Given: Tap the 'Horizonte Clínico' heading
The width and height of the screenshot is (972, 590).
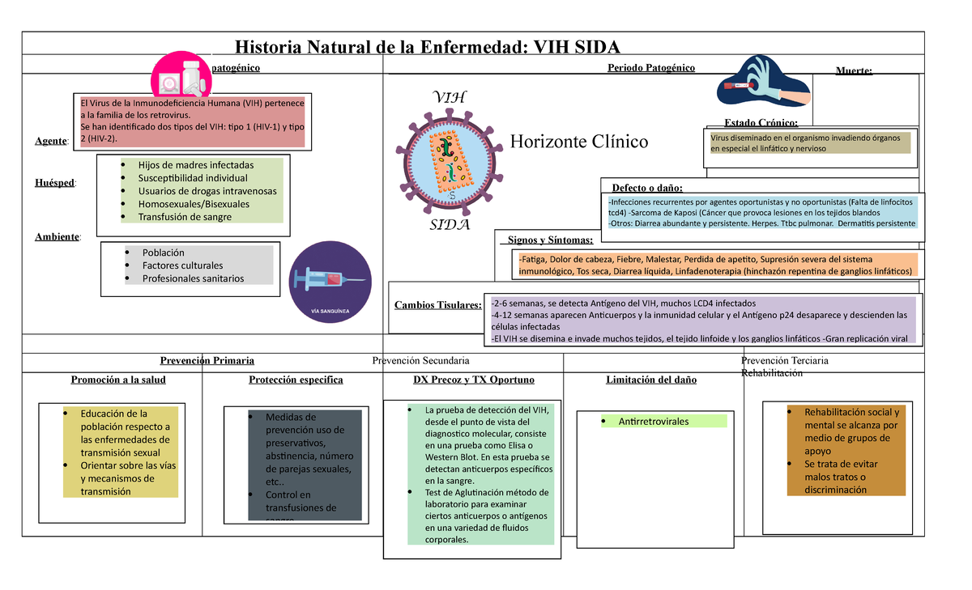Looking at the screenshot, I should [x=579, y=142].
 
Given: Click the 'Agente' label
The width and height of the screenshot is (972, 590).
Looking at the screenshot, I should [x=51, y=141].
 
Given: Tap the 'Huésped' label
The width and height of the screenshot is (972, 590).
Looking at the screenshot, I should [x=56, y=184].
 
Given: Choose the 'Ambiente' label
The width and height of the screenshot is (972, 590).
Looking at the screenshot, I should [x=57, y=236].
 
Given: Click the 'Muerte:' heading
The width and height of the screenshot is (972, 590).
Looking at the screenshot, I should [x=854, y=71].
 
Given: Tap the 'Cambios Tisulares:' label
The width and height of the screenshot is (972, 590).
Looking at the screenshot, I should [x=437, y=305].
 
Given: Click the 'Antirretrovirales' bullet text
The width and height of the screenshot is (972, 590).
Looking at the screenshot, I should [x=654, y=422].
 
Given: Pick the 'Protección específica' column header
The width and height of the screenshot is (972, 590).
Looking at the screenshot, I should [x=296, y=380].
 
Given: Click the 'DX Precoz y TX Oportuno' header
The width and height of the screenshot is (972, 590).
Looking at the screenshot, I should [x=474, y=380].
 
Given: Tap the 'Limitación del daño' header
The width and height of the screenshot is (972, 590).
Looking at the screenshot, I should [x=650, y=380].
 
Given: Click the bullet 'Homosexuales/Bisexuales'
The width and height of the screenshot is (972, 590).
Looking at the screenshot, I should [x=194, y=204].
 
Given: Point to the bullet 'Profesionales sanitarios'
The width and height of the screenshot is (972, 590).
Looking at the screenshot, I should [x=193, y=278].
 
